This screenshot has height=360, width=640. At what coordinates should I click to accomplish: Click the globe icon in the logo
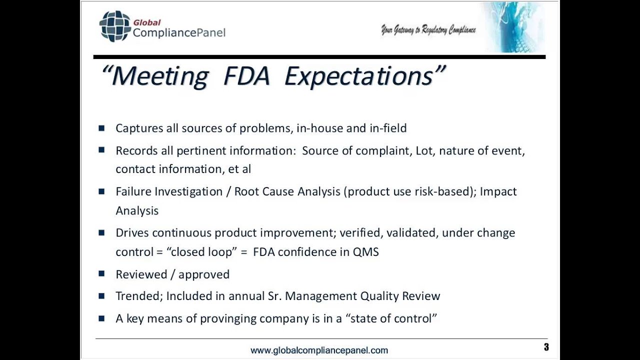pos(115,26)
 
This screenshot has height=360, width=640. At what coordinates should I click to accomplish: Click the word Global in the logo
pos(146,22)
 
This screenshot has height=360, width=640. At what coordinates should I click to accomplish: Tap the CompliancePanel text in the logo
pos(179,33)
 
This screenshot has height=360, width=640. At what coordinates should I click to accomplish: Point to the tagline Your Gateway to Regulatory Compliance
pos(428,30)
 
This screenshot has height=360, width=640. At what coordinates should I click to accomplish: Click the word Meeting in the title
pos(159,76)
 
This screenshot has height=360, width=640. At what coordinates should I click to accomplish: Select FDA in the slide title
pos(247,76)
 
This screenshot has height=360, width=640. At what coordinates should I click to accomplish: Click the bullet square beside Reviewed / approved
pos(102,273)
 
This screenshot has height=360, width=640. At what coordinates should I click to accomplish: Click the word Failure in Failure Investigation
pos(133,191)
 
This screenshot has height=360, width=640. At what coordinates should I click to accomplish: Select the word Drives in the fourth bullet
pos(132,233)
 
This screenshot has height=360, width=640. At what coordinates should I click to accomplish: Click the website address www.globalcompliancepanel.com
pos(319,350)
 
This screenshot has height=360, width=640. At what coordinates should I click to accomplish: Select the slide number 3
pos(546,347)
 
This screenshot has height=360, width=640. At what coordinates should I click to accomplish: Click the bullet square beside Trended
pos(102,295)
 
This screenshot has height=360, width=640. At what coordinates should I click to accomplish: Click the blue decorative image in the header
pos(513,27)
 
